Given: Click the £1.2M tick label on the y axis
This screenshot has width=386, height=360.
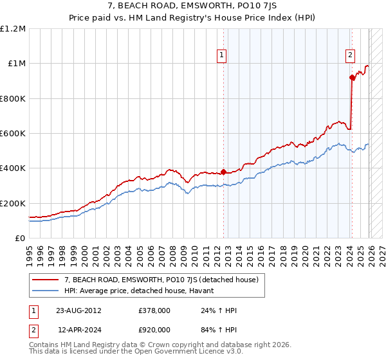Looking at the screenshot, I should (13, 29).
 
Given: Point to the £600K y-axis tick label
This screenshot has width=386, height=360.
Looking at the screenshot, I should (13, 134).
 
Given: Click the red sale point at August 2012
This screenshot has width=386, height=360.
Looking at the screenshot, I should (223, 172).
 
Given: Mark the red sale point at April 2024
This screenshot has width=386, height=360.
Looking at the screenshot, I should (352, 78).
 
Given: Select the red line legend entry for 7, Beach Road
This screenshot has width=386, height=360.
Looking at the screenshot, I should (161, 280).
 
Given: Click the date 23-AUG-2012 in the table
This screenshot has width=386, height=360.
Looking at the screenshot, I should (78, 310).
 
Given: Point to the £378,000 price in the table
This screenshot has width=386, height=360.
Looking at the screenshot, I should (154, 310).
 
